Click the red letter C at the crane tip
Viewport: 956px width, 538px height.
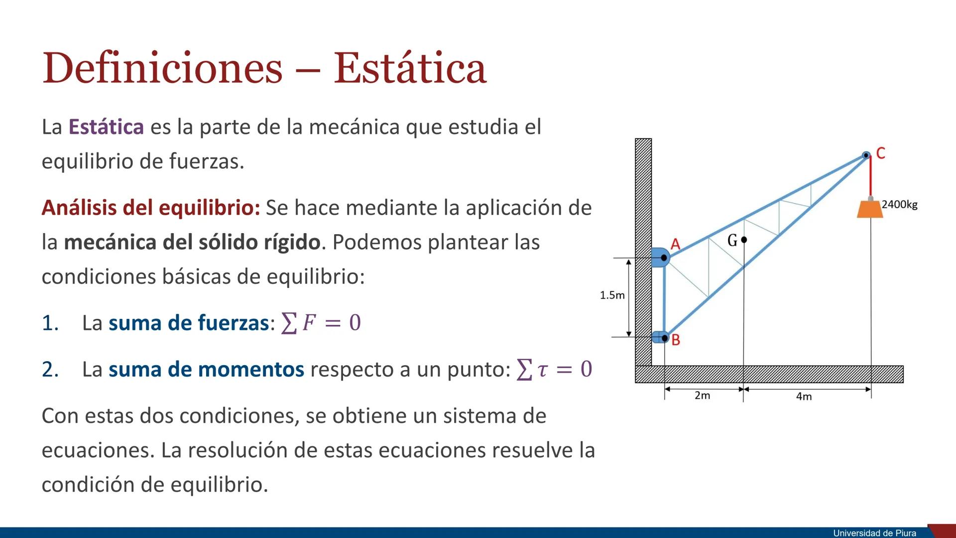coord(880,153)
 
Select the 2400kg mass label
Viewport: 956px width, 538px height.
coord(899,204)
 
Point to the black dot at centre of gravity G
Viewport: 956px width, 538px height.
coord(744,240)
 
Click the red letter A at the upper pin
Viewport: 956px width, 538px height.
coord(675,244)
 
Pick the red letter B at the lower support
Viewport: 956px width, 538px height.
coord(676,340)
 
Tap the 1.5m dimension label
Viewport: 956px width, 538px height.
coord(612,295)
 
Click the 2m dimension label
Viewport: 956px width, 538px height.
coord(702,396)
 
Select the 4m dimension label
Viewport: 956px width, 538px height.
coord(804,397)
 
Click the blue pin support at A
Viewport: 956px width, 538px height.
coord(660,258)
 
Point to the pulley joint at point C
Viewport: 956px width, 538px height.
coord(866,155)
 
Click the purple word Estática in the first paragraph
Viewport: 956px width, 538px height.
coord(106,127)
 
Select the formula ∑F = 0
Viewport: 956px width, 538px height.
coord(321,323)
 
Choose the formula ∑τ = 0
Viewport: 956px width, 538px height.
coord(554,369)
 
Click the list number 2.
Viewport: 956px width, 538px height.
coord(50,370)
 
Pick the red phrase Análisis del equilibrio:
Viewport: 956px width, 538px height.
coord(151,208)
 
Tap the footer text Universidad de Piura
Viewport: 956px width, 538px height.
coord(875,533)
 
